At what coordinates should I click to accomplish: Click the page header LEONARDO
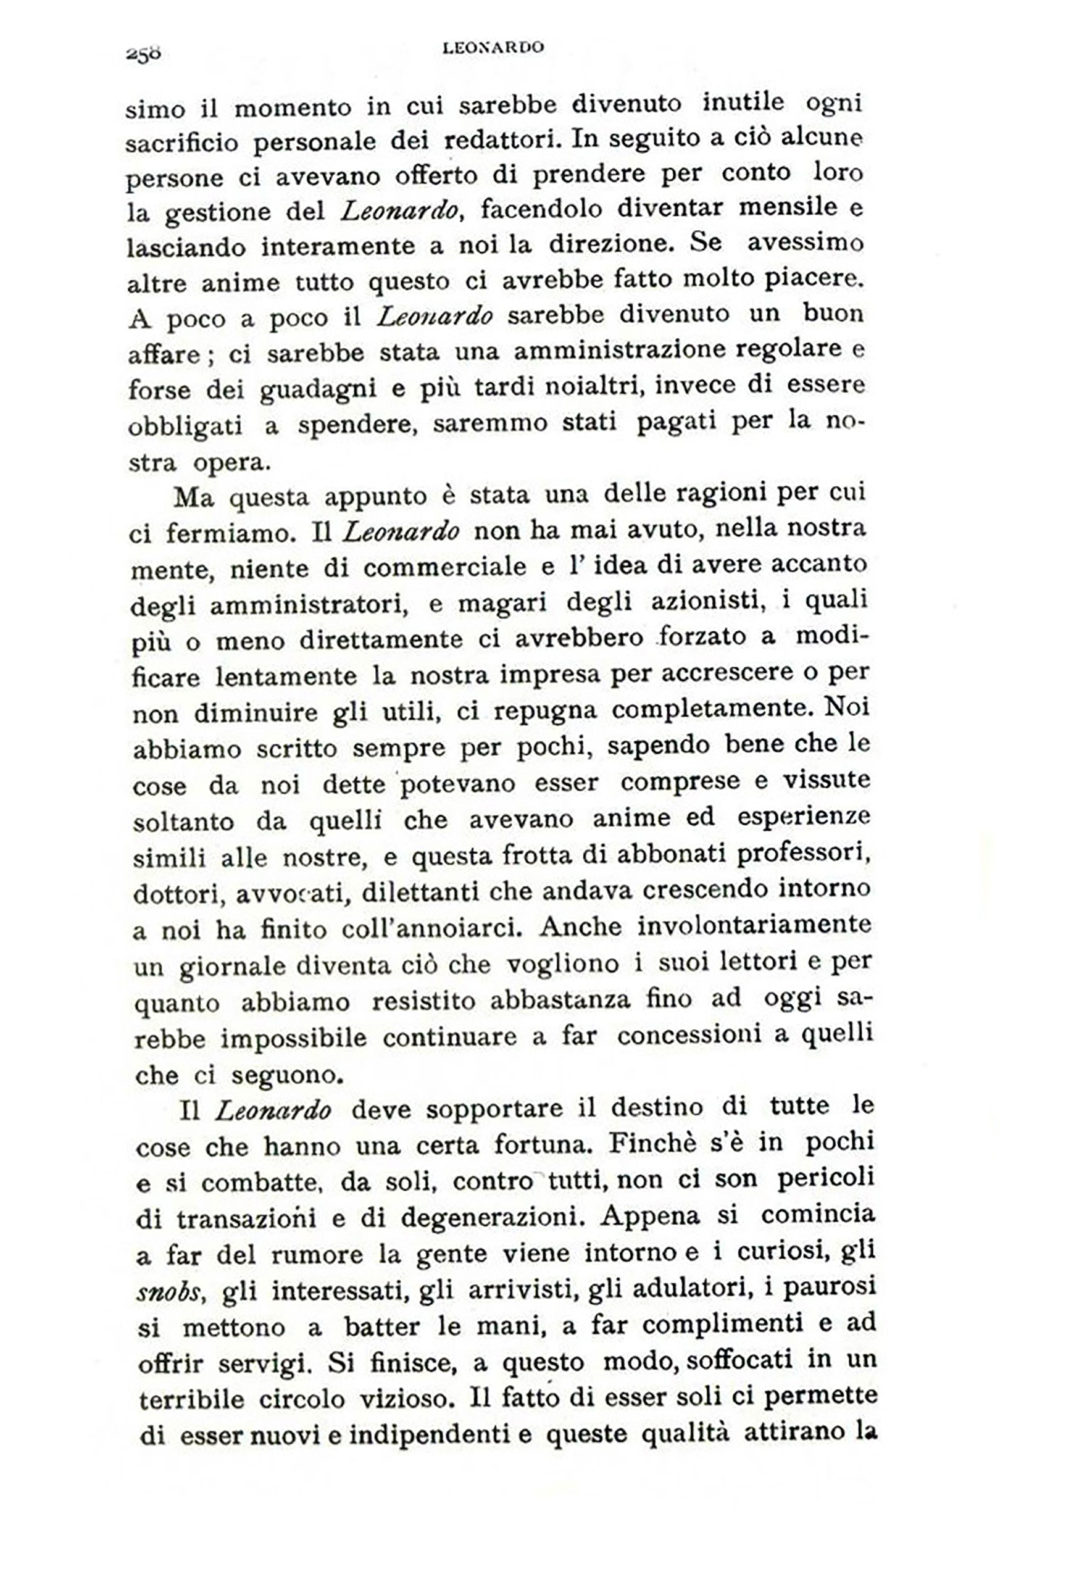tap(493, 48)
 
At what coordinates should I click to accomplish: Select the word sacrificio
tap(181, 143)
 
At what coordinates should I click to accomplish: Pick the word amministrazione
tap(618, 351)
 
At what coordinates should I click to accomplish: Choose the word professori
tap(802, 854)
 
